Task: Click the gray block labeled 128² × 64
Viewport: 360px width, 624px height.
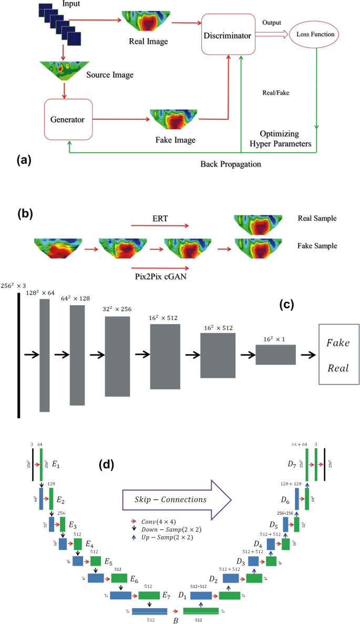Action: point(45,355)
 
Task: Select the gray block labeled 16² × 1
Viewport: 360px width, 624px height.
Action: point(275,355)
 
